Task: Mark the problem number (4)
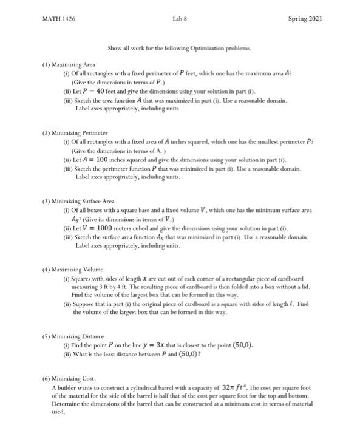tap(47, 269)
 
